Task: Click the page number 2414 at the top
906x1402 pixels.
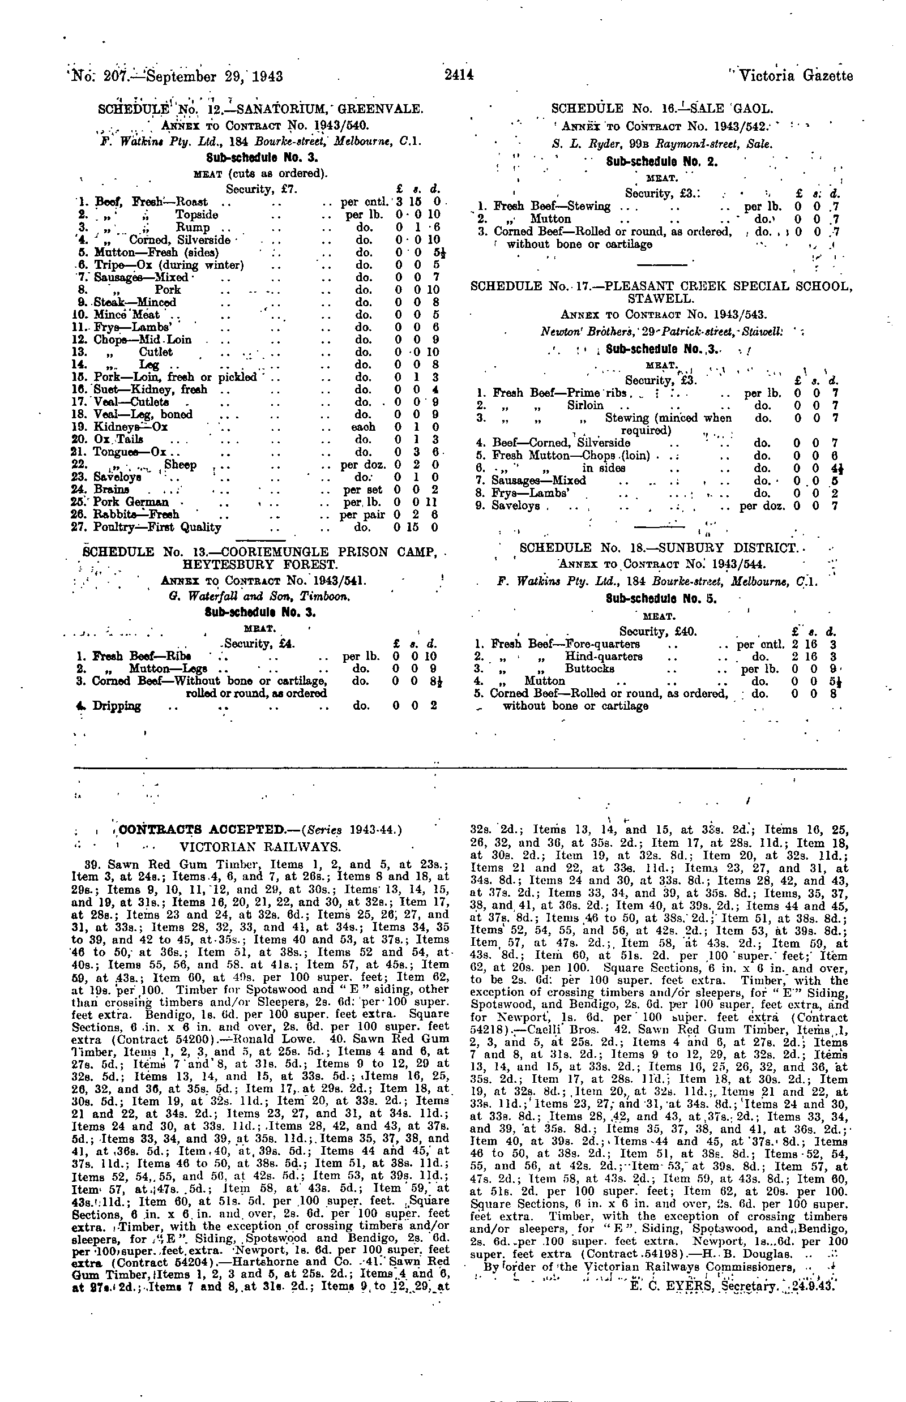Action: pos(459,76)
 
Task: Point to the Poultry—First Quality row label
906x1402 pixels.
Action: pos(157,527)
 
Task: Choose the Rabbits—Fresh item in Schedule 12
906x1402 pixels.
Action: pos(136,515)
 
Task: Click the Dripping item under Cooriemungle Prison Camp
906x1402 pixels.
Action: pos(117,706)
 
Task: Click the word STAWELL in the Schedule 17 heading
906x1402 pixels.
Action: pos(662,299)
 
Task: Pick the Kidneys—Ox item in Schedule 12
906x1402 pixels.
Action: pos(131,427)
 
